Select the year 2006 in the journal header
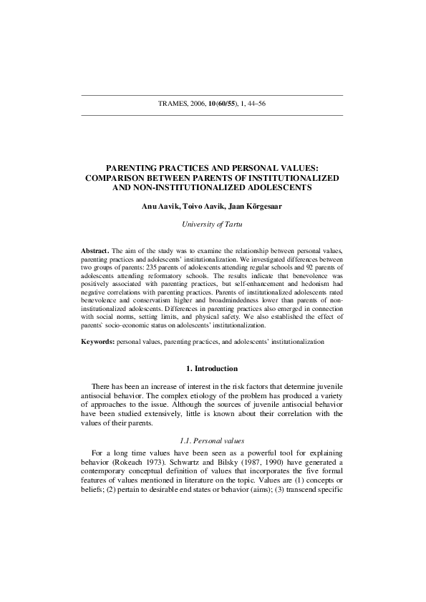tap(200, 104)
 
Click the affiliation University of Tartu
tap(212, 224)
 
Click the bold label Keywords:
tap(99, 342)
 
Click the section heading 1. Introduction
tap(212, 369)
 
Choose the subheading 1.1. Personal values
tap(212, 440)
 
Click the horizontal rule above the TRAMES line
tap(212, 94)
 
